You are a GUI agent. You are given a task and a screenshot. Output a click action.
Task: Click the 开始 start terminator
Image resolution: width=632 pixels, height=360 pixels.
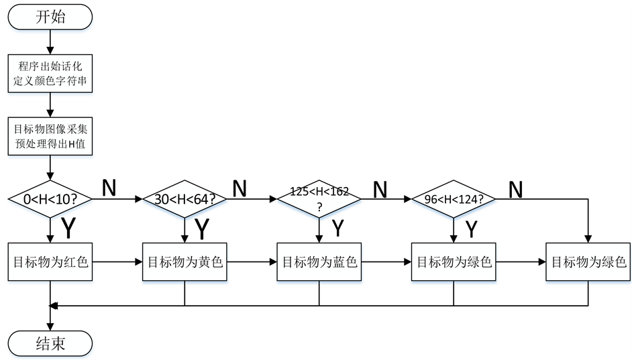coord(50,17)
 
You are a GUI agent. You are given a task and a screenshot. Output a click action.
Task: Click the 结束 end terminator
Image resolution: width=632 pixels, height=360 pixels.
coord(50,344)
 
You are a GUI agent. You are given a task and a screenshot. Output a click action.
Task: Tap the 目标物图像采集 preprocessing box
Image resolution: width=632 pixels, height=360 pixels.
coord(50,136)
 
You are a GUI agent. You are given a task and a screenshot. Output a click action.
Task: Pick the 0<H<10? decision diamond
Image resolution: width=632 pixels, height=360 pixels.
coord(50,199)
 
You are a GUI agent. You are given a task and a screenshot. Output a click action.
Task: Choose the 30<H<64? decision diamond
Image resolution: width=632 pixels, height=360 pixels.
coord(185,199)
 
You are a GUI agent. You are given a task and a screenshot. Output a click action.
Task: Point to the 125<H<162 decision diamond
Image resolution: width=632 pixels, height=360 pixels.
coord(319,199)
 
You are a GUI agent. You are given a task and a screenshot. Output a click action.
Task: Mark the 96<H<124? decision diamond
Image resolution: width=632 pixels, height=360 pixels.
coord(454,199)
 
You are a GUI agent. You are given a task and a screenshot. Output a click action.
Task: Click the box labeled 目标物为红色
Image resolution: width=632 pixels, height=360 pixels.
coord(50,261)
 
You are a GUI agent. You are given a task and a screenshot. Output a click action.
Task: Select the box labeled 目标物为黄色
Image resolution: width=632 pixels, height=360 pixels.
coord(185,261)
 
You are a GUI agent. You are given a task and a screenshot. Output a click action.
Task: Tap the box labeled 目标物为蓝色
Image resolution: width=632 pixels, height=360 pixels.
coord(319,261)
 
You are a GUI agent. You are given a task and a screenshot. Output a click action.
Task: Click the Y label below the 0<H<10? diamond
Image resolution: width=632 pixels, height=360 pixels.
coord(68,229)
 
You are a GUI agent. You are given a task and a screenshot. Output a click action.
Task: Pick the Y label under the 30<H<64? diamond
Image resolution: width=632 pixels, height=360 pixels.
coord(202,229)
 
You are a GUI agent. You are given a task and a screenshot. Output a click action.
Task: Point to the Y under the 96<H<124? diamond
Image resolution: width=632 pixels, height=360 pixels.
coord(472,229)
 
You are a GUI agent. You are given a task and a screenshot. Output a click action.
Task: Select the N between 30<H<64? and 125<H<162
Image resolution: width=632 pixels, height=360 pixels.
coord(240,188)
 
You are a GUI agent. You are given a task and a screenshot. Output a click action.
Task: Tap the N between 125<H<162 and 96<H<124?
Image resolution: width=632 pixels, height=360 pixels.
coord(380,190)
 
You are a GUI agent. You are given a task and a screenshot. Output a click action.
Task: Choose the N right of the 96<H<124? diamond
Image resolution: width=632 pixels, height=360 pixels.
coord(515,190)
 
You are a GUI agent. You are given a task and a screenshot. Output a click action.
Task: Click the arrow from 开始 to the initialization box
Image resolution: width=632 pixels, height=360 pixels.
coord(50,43)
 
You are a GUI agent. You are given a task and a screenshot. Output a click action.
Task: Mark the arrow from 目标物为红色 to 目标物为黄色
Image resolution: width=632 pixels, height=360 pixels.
coord(116,261)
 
